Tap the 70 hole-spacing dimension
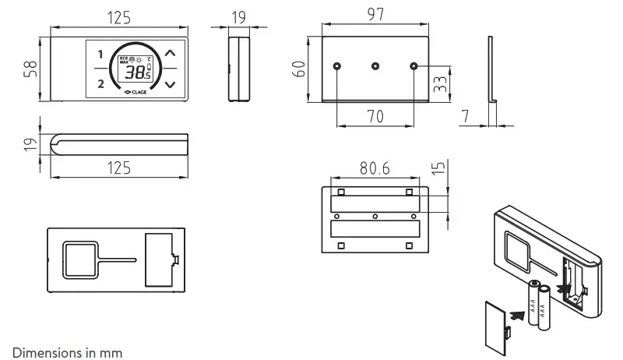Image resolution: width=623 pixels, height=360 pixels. [375, 118]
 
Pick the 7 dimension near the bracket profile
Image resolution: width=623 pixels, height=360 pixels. [465, 118]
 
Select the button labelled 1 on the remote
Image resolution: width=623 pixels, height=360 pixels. [100, 55]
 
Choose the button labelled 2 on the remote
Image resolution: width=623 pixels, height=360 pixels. [100, 83]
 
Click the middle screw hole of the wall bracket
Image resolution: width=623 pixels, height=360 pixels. [375, 66]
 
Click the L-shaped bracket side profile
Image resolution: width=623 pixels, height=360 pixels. [491, 70]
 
